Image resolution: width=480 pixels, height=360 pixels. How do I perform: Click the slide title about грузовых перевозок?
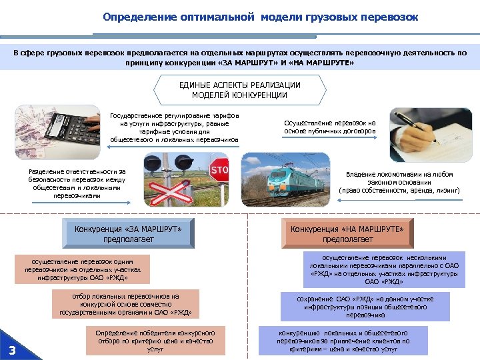pyautogui.click(x=261, y=17)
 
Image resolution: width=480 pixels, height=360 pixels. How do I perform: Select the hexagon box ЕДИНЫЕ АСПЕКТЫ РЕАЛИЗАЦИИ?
pyautogui.click(x=240, y=91)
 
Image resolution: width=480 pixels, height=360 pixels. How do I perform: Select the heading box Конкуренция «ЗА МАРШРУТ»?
pyautogui.click(x=129, y=234)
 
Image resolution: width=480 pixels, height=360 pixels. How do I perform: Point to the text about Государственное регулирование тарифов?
pyautogui.click(x=175, y=128)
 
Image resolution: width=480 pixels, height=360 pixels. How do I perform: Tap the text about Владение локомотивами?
pyautogui.click(x=400, y=182)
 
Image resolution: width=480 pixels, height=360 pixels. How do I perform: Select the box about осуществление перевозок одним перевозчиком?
pyautogui.click(x=83, y=271)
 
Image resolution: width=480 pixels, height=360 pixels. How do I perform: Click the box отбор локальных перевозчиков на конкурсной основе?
pyautogui.click(x=127, y=304)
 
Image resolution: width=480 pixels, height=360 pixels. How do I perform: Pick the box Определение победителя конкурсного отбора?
pyautogui.click(x=155, y=340)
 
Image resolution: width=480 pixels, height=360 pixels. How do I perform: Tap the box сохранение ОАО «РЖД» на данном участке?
pyautogui.click(x=365, y=307)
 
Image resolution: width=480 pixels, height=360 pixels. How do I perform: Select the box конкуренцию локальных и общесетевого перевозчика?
pyautogui.click(x=343, y=340)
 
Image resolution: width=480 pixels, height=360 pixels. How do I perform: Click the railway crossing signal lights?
pyautogui.click(x=167, y=163)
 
